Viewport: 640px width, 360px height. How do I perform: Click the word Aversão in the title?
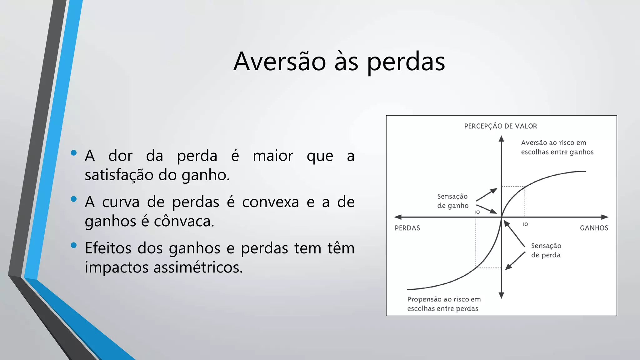point(280,62)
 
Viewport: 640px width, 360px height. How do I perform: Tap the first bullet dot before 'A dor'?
point(74,153)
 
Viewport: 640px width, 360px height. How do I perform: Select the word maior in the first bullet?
point(273,156)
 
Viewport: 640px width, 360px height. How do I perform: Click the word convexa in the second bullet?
point(270,202)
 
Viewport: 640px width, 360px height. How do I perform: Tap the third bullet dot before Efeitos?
point(74,245)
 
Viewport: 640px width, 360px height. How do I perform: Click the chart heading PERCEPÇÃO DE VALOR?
point(501,126)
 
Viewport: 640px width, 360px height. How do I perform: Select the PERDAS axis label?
point(407,228)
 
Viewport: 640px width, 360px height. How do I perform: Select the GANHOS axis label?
point(594,228)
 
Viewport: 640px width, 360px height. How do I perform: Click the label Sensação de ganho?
point(452,201)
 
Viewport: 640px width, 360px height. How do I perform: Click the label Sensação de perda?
point(546,250)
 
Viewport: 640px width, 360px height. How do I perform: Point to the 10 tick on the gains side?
point(525,224)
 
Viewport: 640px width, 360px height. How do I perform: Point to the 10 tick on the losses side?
point(477,212)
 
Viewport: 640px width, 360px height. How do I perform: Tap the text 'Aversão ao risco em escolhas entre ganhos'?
point(557,147)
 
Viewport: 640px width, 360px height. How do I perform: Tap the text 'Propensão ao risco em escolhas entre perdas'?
point(443,304)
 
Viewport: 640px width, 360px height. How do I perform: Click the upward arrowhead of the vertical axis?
point(501,138)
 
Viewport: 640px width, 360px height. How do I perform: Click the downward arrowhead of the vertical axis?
point(501,295)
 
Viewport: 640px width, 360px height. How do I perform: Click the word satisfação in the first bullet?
point(119,175)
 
